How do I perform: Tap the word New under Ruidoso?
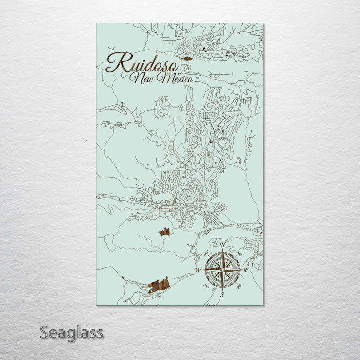click(142, 78)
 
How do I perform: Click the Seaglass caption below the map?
click(71, 332)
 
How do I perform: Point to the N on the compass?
click(222, 245)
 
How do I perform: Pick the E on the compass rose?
click(247, 270)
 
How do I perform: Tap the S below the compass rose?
click(222, 295)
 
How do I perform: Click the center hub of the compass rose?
click(222, 270)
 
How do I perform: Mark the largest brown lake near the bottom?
click(158, 285)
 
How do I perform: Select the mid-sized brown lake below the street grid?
click(164, 231)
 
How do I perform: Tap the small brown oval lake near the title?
click(187, 58)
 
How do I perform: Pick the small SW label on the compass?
click(207, 286)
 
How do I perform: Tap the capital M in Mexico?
click(160, 78)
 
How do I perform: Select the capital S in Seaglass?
click(44, 332)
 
